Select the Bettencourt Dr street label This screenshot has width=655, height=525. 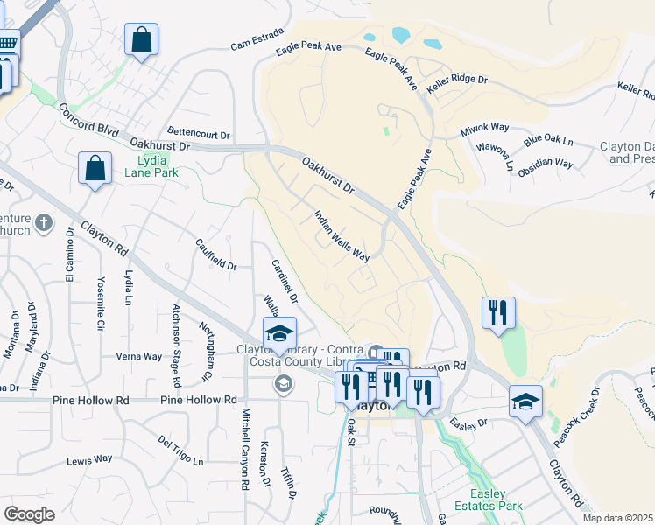pos(198,136)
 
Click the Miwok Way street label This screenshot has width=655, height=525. pos(484,130)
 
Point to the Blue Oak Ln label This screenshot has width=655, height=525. pos(547,141)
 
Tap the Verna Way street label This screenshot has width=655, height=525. pos(139,356)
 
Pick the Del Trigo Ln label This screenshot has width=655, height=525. pos(180,450)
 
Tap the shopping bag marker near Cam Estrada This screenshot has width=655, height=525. pos(141,40)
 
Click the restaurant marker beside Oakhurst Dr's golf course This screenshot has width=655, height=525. pos(497,312)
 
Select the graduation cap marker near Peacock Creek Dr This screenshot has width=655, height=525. pos(525,402)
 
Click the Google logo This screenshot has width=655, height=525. pos(29,514)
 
